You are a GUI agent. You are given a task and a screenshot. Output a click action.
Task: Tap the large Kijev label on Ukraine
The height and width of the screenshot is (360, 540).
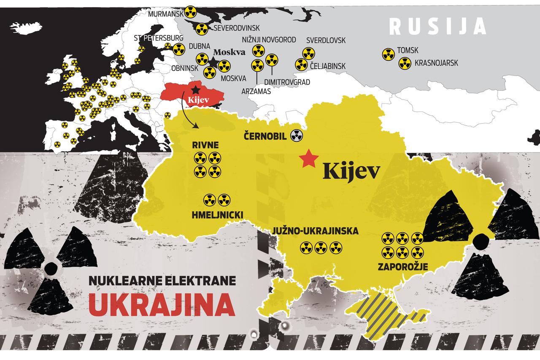coord(351,171)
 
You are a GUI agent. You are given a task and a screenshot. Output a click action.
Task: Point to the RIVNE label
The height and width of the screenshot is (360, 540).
coord(206,146)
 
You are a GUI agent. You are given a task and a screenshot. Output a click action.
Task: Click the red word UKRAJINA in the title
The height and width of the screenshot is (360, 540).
coord(162,304)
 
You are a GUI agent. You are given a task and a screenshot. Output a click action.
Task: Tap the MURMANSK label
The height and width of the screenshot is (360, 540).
coord(166,14)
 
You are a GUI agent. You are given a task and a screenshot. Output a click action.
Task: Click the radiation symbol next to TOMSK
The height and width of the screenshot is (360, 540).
coord(388,54)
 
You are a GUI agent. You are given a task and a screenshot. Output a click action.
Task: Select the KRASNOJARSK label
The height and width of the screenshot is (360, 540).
coord(436,63)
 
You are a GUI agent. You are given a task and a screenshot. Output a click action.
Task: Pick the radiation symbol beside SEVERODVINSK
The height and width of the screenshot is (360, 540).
coord(202,29)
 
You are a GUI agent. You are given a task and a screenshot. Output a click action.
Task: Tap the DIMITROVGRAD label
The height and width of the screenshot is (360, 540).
coord(287,82)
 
